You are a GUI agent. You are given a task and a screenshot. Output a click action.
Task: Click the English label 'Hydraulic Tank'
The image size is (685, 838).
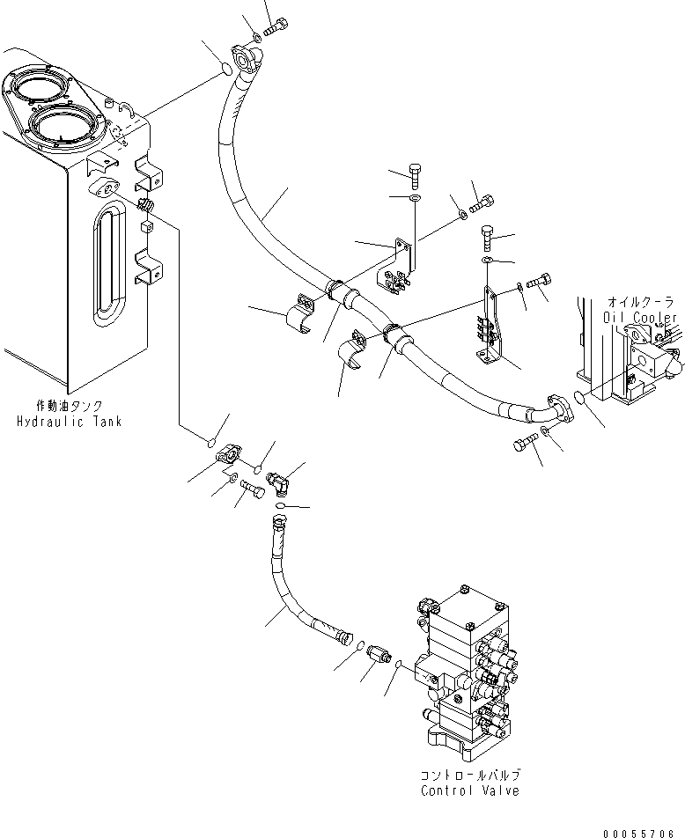pos(69,422)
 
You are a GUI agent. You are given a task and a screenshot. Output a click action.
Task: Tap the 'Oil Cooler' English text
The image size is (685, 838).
pos(640,318)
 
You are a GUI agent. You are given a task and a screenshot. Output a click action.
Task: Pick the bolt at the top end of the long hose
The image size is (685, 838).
pos(276,28)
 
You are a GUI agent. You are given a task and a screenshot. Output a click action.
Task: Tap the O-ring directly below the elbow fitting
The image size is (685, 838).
pos(279,508)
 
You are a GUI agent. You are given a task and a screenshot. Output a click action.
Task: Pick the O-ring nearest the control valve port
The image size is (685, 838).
pos(399,665)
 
